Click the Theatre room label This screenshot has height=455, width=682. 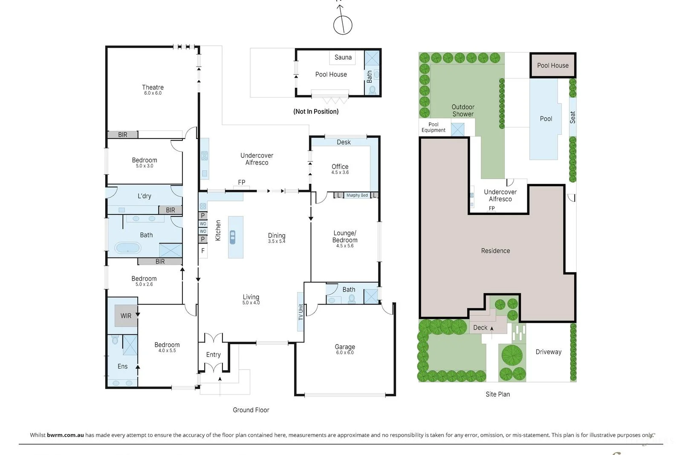point(153,87)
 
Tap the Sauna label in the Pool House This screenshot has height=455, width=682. point(343,57)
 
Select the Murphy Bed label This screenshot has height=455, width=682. point(357,195)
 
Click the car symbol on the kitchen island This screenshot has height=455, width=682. point(233,237)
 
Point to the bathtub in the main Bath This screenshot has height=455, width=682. point(128,248)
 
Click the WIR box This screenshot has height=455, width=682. point(126,316)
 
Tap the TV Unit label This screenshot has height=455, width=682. point(301,312)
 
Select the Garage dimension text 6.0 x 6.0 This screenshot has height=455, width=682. point(345,353)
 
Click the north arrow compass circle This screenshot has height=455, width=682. point(343,25)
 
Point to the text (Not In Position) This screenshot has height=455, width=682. point(316,111)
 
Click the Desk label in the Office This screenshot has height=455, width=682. point(344,142)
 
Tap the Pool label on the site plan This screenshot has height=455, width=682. point(546,119)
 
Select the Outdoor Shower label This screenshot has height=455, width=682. point(463,110)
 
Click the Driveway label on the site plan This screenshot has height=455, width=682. point(548,352)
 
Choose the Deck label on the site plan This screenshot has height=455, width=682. point(480,327)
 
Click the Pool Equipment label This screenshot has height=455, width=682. point(433,128)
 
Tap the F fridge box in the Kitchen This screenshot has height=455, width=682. point(203,251)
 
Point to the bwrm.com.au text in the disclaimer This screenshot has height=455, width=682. point(65,435)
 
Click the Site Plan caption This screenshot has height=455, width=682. point(497,394)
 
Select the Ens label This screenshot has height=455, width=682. point(122,366)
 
